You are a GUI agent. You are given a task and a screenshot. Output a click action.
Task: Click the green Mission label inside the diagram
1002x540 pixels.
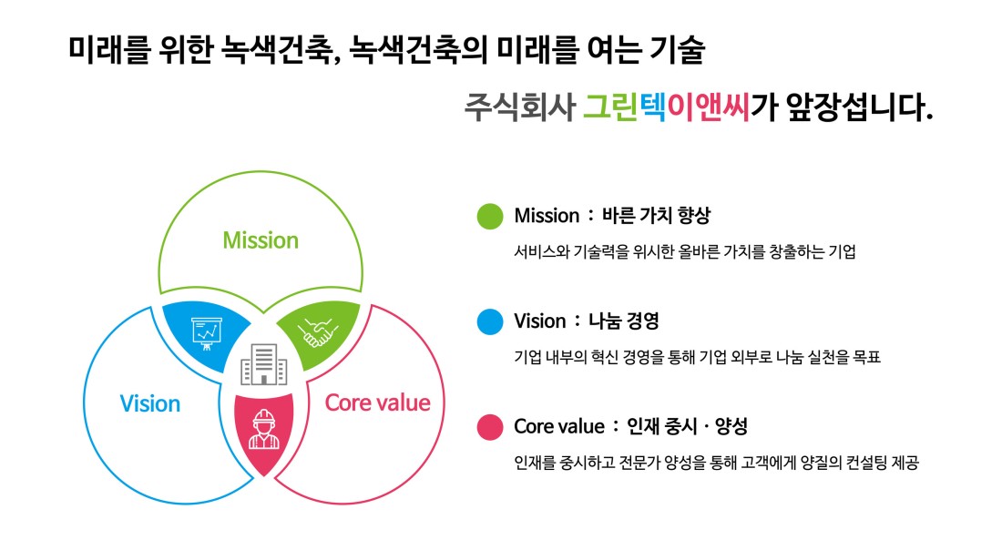pos(261,240)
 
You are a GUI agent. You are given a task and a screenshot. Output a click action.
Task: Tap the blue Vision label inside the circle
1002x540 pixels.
pos(150,404)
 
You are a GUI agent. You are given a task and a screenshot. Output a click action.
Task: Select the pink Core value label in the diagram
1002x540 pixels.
pos(377,402)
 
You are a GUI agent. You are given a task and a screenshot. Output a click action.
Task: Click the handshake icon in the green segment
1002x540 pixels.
pos(318,332)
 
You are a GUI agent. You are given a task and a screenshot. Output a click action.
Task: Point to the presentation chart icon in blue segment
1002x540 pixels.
pos(207,333)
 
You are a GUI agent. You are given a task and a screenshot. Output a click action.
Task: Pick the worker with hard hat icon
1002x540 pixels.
pos(264,430)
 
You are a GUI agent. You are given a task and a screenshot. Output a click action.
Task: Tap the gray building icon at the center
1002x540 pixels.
pos(264,363)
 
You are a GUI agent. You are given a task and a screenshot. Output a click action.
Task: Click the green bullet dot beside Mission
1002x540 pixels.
pos(490,216)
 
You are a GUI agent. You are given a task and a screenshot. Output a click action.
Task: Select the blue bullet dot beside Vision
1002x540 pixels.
pos(490,321)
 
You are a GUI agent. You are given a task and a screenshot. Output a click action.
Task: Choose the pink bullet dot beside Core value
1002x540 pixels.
pos(490,427)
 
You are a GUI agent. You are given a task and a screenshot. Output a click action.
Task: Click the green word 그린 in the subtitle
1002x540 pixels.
pos(610,107)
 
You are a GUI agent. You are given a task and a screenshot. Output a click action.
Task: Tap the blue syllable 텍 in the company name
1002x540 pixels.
pos(652,107)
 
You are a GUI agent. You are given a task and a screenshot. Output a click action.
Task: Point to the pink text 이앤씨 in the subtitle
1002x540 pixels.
pos(708,107)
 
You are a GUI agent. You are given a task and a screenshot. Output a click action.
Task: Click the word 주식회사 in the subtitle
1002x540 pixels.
pos(519,107)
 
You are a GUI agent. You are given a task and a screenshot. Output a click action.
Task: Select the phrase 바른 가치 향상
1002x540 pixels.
pos(656,215)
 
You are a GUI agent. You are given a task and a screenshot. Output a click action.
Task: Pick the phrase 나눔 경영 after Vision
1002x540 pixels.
pos(623,321)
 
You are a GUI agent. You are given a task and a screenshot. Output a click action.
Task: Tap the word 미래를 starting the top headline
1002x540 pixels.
pos(109,49)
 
